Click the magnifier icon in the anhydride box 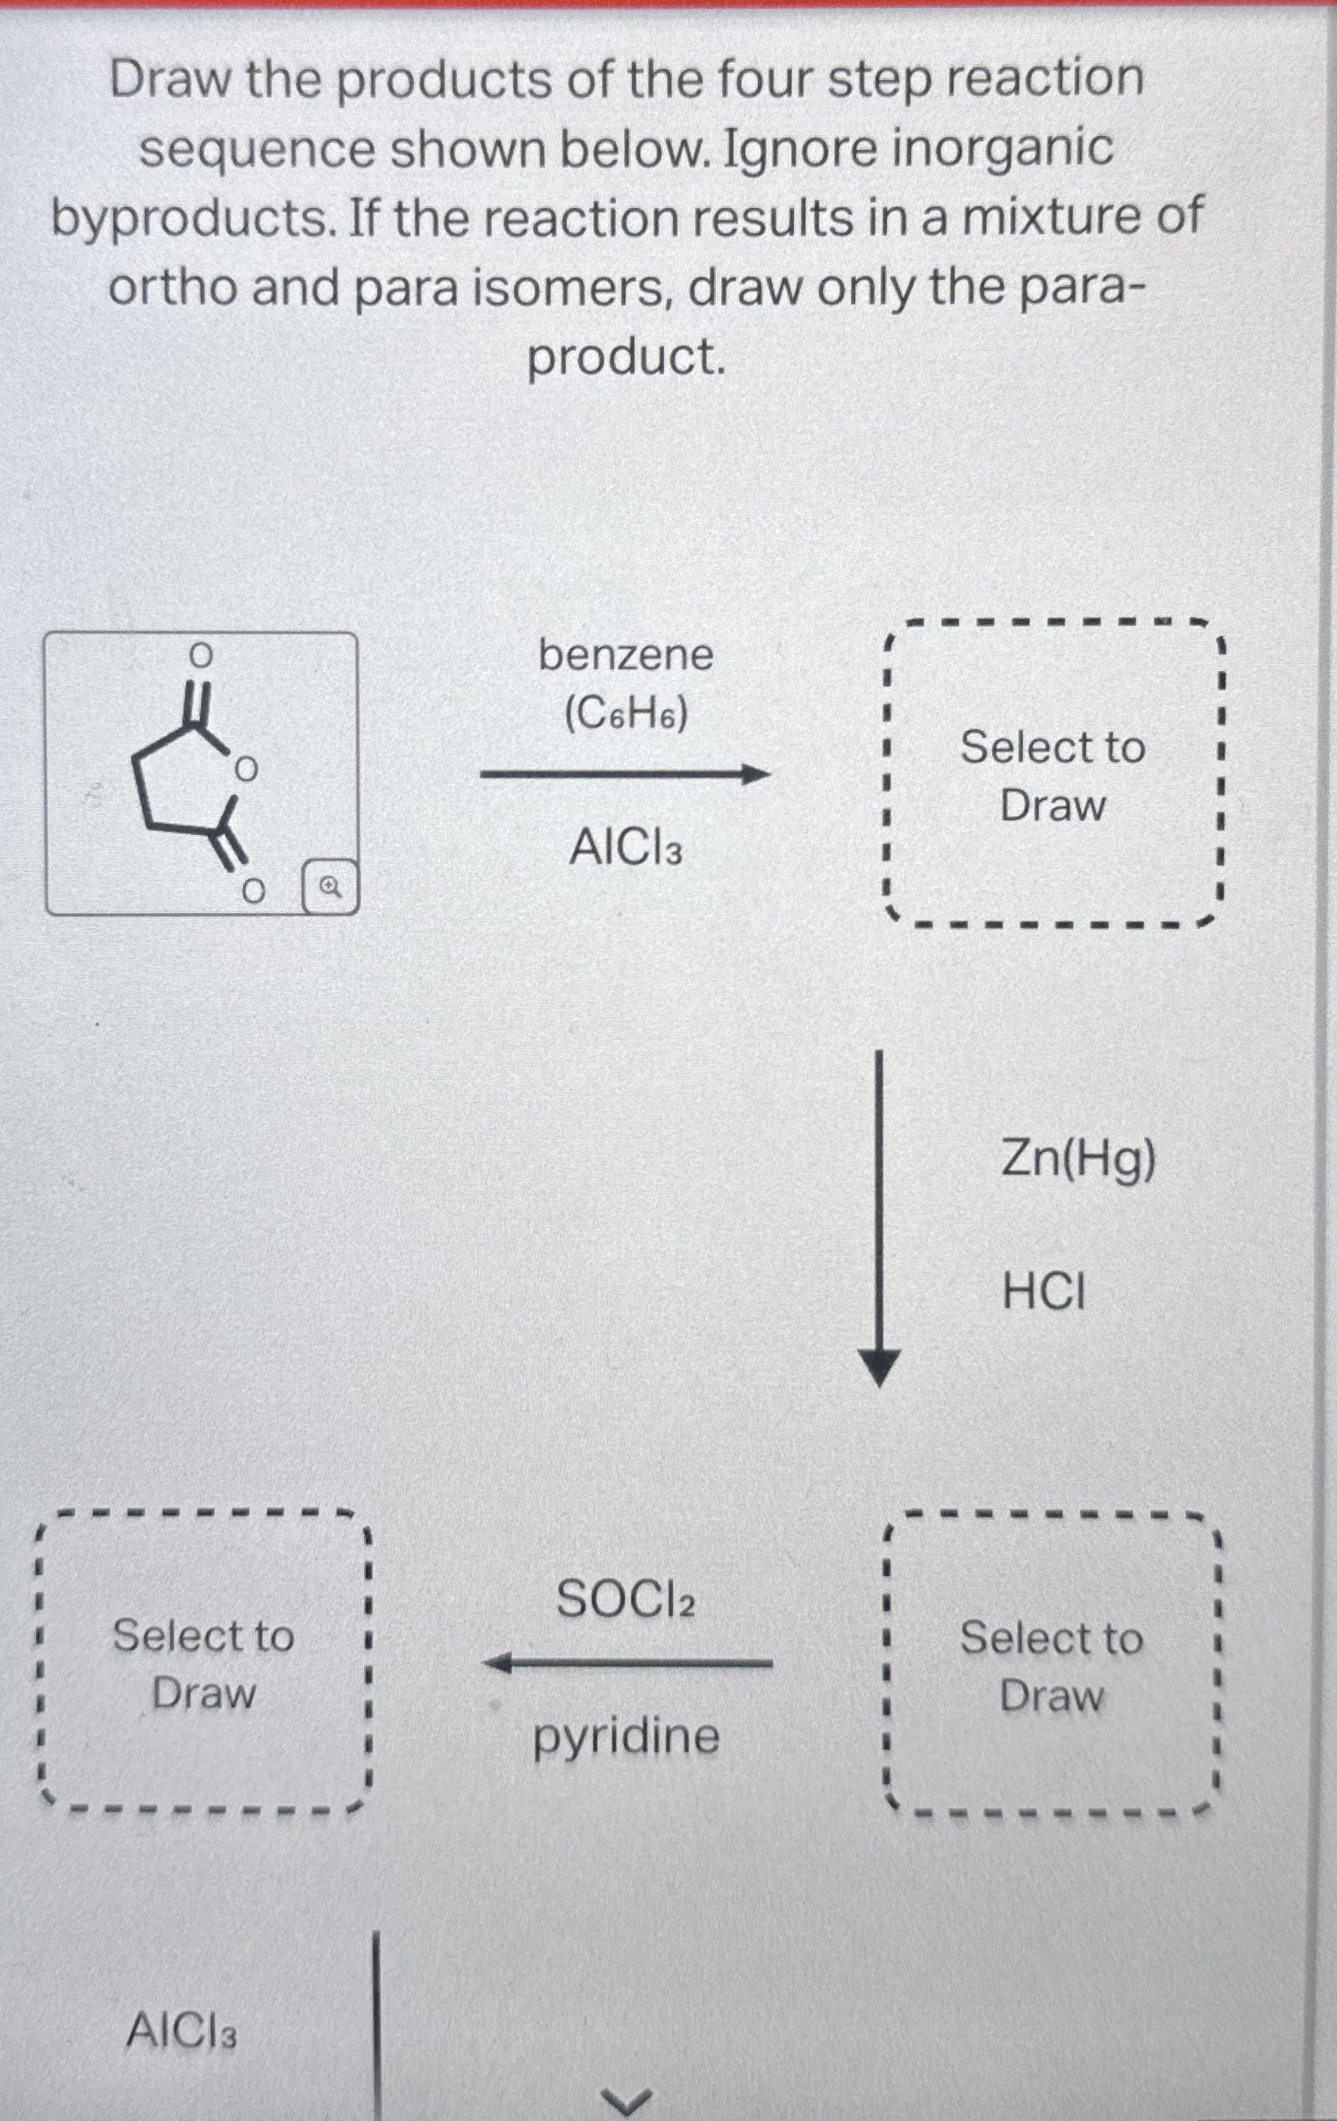pyautogui.click(x=330, y=887)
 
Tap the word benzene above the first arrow pyautogui.click(x=626, y=655)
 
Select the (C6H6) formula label pyautogui.click(x=626, y=715)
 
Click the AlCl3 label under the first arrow pyautogui.click(x=626, y=849)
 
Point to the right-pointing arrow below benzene pyautogui.click(x=626, y=776)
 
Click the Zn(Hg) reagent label pyautogui.click(x=1078, y=1160)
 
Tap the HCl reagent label pyautogui.click(x=1045, y=1293)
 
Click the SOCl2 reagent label pyautogui.click(x=626, y=1600)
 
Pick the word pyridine pyautogui.click(x=626, y=1737)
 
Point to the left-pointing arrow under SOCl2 pyautogui.click(x=627, y=1664)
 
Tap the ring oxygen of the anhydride pyautogui.click(x=247, y=769)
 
